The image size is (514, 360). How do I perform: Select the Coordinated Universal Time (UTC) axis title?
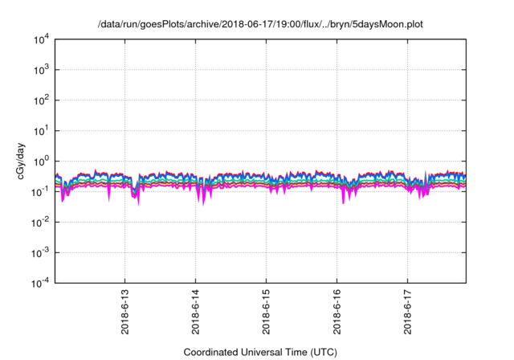pyautogui.click(x=260, y=352)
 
